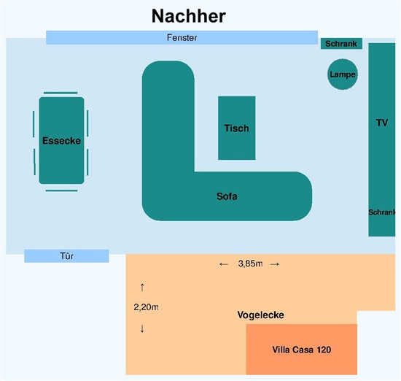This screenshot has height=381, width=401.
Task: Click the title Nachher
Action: click(189, 16)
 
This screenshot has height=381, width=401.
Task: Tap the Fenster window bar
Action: click(182, 38)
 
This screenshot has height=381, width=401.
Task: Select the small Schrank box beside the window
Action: click(341, 44)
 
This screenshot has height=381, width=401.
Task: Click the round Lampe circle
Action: click(343, 74)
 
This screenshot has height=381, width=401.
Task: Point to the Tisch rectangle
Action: click(236, 128)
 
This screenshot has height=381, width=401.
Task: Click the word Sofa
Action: click(227, 196)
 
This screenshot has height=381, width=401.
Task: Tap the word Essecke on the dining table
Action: click(62, 141)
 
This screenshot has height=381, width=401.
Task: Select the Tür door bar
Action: click(66, 255)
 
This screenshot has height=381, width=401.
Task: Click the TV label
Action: click(382, 123)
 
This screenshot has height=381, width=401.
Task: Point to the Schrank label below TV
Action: click(381, 212)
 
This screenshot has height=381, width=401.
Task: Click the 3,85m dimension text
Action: click(250, 263)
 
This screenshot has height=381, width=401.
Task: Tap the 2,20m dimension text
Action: click(146, 307)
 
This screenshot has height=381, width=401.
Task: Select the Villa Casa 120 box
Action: click(302, 349)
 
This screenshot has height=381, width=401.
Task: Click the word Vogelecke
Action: click(260, 315)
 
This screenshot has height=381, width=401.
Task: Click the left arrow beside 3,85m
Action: click(224, 264)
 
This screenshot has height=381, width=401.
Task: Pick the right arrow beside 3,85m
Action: click(275, 264)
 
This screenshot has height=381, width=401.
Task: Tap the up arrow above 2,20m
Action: click(142, 288)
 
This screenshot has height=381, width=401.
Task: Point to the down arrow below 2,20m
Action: click(142, 328)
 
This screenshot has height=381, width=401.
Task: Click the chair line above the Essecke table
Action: click(61, 93)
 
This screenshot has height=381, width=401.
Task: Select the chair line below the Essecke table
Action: click(62, 190)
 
